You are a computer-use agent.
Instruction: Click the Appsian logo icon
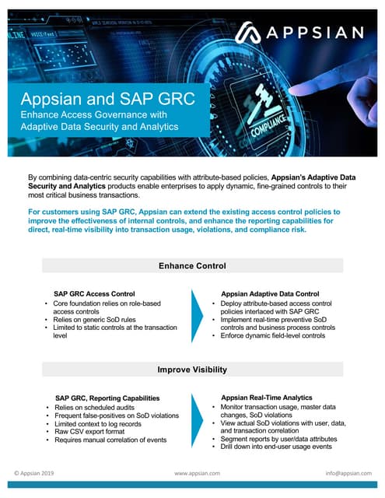coord(250,33)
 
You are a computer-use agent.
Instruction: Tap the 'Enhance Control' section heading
coord(192,266)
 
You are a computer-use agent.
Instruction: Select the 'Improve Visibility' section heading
coord(192,370)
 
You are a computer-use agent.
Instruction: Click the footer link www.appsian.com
coord(198,472)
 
